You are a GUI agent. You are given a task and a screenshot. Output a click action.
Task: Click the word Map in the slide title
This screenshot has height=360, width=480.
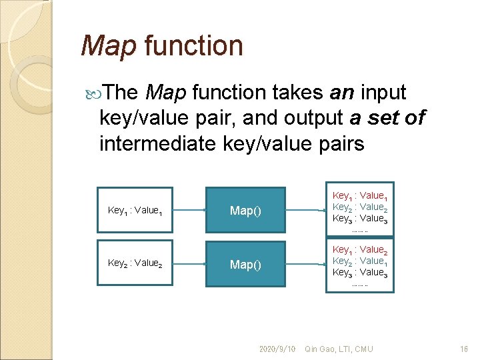click(107, 46)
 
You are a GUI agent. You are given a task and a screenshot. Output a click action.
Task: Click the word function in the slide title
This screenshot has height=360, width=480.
click(193, 46)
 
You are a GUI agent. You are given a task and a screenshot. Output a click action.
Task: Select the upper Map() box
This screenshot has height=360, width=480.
click(245, 211)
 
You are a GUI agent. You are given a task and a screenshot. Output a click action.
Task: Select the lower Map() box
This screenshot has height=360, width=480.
click(245, 265)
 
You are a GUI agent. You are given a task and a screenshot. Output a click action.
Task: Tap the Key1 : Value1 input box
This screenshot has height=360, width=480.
click(135, 211)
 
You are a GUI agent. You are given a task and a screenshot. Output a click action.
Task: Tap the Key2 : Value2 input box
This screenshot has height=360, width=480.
click(135, 263)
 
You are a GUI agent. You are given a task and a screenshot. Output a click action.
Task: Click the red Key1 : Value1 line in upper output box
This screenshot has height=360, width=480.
click(360, 196)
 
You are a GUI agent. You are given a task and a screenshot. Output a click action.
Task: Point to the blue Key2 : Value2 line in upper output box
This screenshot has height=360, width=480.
click(360, 207)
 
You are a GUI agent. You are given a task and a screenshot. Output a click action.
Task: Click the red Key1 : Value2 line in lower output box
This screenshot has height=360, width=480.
click(360, 250)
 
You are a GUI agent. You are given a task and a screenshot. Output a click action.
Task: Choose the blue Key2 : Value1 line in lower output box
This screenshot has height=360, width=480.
click(360, 261)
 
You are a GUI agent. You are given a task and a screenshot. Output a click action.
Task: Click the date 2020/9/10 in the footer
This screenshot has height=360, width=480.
click(277, 349)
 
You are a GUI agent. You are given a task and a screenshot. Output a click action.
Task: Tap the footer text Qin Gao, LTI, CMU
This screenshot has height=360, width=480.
click(339, 349)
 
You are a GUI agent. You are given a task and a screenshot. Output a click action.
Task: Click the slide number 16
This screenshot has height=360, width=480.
click(465, 349)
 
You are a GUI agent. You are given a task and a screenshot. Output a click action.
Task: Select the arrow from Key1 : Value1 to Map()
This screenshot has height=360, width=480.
click(189, 211)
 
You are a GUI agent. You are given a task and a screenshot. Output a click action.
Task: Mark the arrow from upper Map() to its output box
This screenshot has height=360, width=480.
click(305, 211)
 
